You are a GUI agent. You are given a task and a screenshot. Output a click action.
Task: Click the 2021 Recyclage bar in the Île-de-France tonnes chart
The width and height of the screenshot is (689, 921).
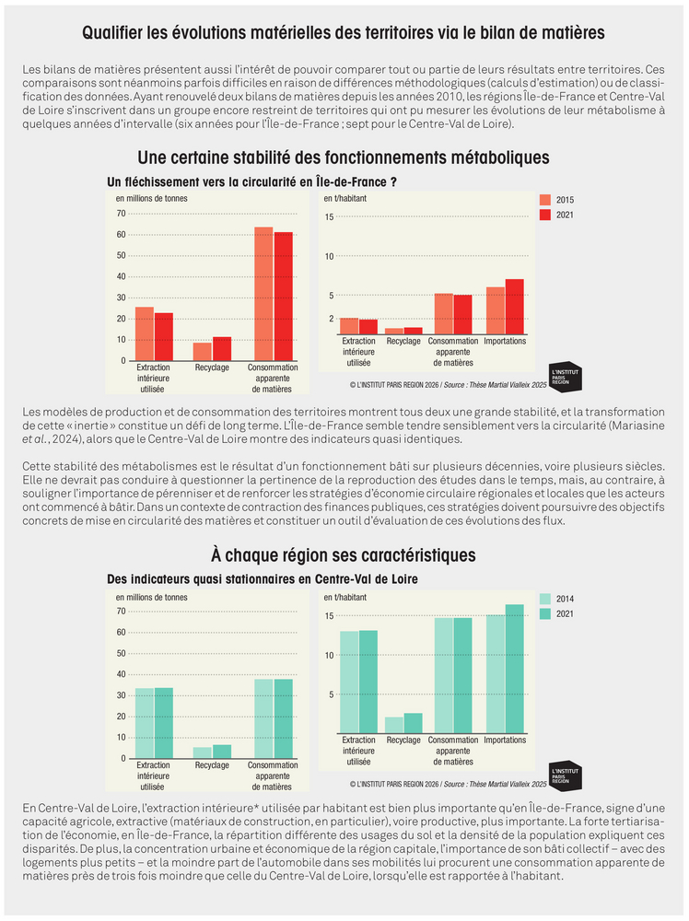point(222,349)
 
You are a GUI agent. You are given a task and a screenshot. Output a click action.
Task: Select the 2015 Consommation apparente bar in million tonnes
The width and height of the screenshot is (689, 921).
point(263,294)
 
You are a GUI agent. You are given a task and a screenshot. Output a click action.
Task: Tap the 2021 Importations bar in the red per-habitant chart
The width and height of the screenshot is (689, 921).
point(515,307)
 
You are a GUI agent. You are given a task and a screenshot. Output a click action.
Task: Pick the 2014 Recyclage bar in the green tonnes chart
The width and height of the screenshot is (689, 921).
point(203,752)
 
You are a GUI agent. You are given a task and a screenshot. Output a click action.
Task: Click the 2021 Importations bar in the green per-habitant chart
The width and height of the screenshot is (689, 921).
point(515,669)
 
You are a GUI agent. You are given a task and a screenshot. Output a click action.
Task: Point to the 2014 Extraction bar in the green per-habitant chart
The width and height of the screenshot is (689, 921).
point(349,682)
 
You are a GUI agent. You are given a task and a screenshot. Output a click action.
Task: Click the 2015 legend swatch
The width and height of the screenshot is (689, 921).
point(545,200)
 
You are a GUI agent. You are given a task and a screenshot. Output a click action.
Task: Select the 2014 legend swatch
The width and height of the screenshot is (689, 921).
point(545,599)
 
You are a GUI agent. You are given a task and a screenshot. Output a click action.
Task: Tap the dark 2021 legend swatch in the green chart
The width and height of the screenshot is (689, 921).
point(545,613)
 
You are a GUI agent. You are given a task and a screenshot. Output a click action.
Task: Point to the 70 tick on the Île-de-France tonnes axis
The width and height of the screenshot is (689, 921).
point(121,214)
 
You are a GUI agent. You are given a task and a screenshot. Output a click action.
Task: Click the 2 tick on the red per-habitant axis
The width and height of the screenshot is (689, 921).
point(332,319)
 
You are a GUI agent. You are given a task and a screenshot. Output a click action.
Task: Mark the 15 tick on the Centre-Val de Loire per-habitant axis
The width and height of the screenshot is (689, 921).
point(330,616)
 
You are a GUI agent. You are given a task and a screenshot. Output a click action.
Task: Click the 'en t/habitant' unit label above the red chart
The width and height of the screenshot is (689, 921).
point(344,199)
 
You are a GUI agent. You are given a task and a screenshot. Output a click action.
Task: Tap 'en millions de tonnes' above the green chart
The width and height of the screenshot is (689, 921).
point(152,598)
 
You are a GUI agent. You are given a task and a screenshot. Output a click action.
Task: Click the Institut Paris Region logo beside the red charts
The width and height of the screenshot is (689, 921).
point(565,377)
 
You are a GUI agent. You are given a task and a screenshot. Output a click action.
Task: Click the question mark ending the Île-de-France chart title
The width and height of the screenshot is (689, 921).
point(393,182)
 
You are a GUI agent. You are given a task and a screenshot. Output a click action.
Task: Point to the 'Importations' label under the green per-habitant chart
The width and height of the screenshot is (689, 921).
point(505,740)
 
